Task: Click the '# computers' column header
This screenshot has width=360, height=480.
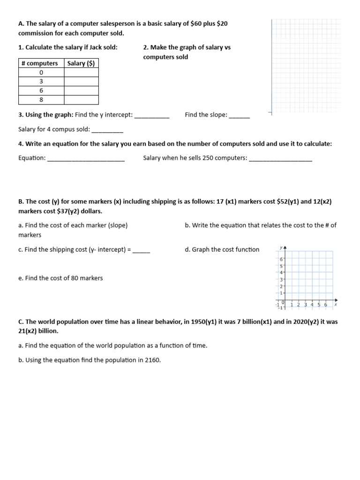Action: [41, 63]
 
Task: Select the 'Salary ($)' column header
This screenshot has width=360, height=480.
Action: [81, 63]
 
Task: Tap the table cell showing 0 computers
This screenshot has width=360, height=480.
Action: [41, 73]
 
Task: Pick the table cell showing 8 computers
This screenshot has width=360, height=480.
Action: [41, 99]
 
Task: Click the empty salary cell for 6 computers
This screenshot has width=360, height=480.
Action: [81, 90]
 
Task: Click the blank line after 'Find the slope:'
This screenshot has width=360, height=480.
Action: [240, 116]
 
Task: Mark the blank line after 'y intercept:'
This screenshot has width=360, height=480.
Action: [151, 116]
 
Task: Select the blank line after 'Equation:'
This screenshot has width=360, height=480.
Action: [86, 159]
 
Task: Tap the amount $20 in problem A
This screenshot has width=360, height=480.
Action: [222, 23]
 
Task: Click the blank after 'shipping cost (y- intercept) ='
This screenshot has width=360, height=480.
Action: [141, 250]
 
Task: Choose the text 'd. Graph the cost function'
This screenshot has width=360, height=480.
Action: [222, 249]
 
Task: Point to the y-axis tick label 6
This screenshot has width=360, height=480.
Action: [281, 259]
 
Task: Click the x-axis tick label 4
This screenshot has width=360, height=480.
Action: [312, 305]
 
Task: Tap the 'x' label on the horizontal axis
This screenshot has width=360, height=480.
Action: [336, 304]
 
